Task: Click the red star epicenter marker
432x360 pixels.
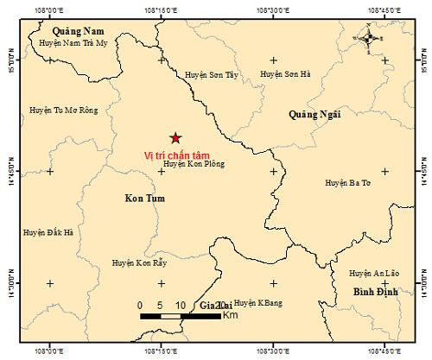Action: coord(175,138)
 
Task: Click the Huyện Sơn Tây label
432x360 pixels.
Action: coord(211,75)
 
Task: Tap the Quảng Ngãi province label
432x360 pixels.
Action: coord(315,113)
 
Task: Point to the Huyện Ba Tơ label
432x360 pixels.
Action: coord(347,183)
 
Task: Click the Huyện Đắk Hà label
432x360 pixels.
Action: coord(48,232)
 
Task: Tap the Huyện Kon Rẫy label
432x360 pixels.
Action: coord(139,262)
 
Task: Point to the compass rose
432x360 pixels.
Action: coord(368,38)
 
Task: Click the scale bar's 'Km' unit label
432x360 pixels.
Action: coord(230,315)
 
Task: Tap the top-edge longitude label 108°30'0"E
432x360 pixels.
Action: coord(273,9)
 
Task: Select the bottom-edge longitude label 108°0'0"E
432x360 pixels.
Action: coord(50,351)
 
